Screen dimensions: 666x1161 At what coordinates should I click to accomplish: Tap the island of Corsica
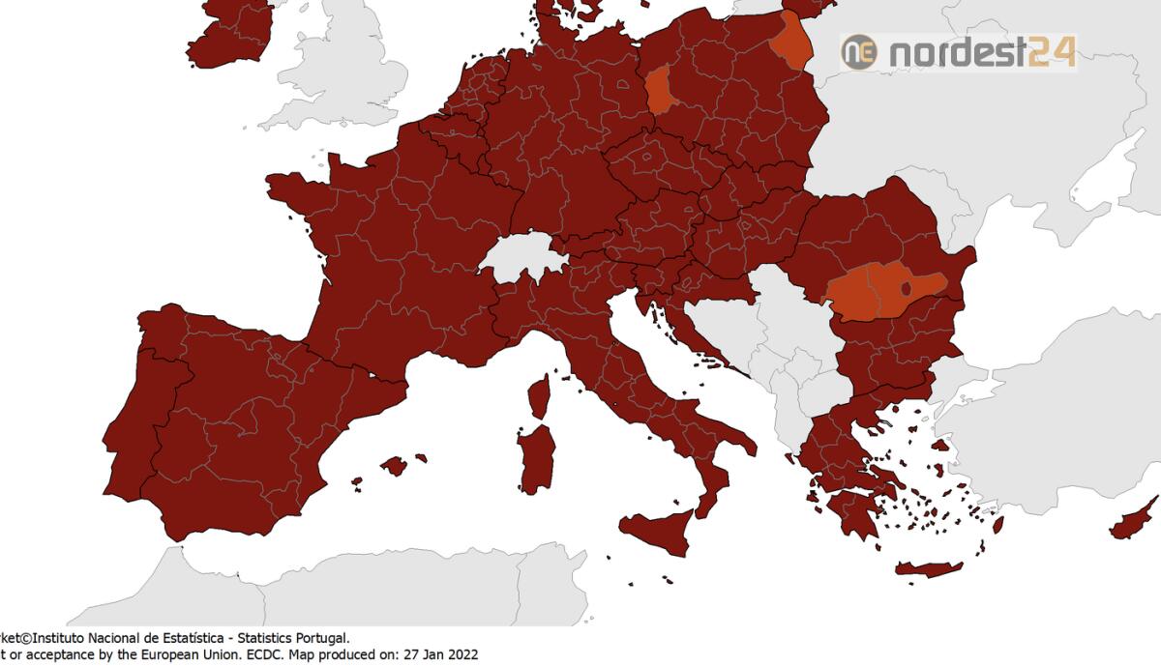(540, 396)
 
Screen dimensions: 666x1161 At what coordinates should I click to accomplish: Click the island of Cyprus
(1133, 522)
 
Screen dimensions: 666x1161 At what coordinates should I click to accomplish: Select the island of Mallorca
(394, 466)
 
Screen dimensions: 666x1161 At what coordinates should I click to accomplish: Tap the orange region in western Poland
(660, 92)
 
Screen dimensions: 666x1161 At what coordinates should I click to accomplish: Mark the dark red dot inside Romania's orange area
(907, 288)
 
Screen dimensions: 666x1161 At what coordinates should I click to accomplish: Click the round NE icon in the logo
(858, 51)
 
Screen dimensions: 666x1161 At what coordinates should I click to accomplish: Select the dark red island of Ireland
(230, 34)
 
